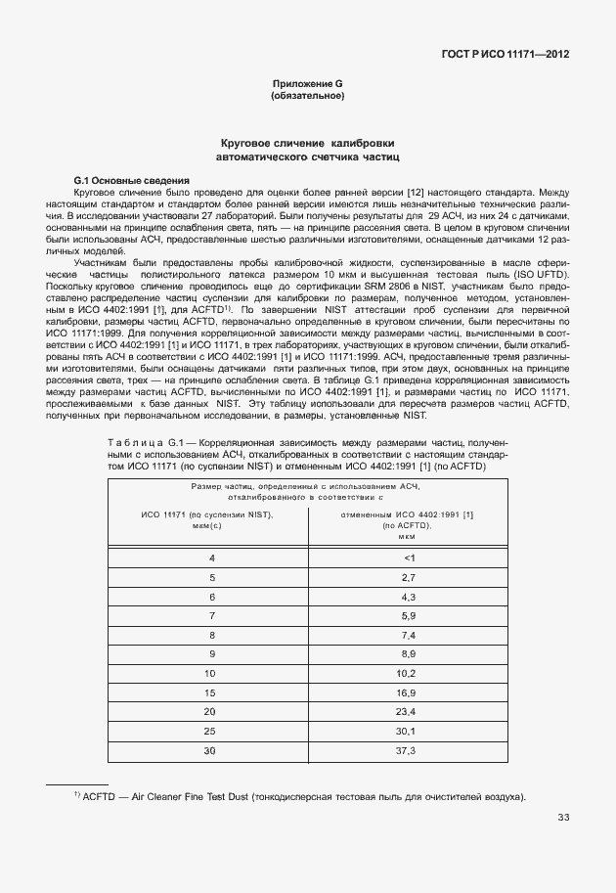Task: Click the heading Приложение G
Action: coord(307,85)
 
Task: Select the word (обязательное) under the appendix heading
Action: coord(307,97)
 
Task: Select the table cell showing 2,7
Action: coord(409,577)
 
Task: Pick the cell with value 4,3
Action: coord(409,597)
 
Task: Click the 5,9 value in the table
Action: coord(409,615)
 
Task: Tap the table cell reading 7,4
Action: coord(409,635)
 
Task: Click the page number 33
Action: coord(564,818)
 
